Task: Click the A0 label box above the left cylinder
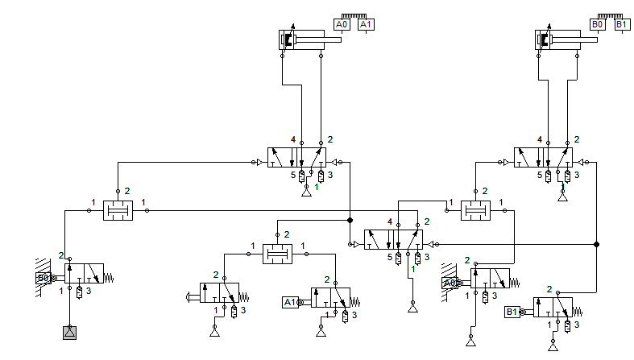coord(342,25)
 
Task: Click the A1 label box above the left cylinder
coord(366,25)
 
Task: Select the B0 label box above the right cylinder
coord(598,25)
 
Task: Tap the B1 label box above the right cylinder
coord(622,25)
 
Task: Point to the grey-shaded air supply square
coord(69,332)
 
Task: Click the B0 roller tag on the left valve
coord(42,279)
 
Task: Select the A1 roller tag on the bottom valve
coord(289,302)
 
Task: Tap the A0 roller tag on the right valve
coord(449,283)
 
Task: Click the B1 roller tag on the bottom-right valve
coord(512,312)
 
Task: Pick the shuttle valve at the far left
coord(118,212)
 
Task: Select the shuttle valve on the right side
coord(475,212)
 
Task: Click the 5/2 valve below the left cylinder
coord(300,158)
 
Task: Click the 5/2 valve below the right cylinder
coord(547,158)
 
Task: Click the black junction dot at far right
coord(596,244)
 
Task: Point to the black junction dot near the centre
coord(350,220)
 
